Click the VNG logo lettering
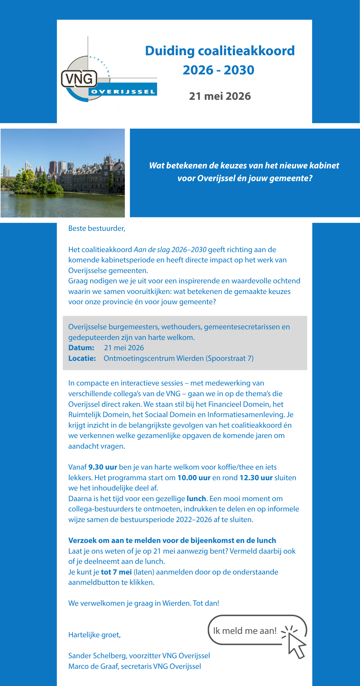[79, 79]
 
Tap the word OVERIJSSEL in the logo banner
[123, 92]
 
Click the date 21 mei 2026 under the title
[220, 96]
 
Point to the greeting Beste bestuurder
[97, 228]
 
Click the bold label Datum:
[81, 348]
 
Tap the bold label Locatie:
[82, 358]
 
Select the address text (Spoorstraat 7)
[230, 358]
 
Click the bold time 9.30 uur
[103, 467]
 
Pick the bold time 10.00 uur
[194, 478]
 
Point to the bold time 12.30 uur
[256, 478]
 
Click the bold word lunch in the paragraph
[196, 499]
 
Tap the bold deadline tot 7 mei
[116, 572]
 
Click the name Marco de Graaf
[93, 666]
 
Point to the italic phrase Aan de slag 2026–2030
[170, 250]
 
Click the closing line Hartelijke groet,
[94, 635]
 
